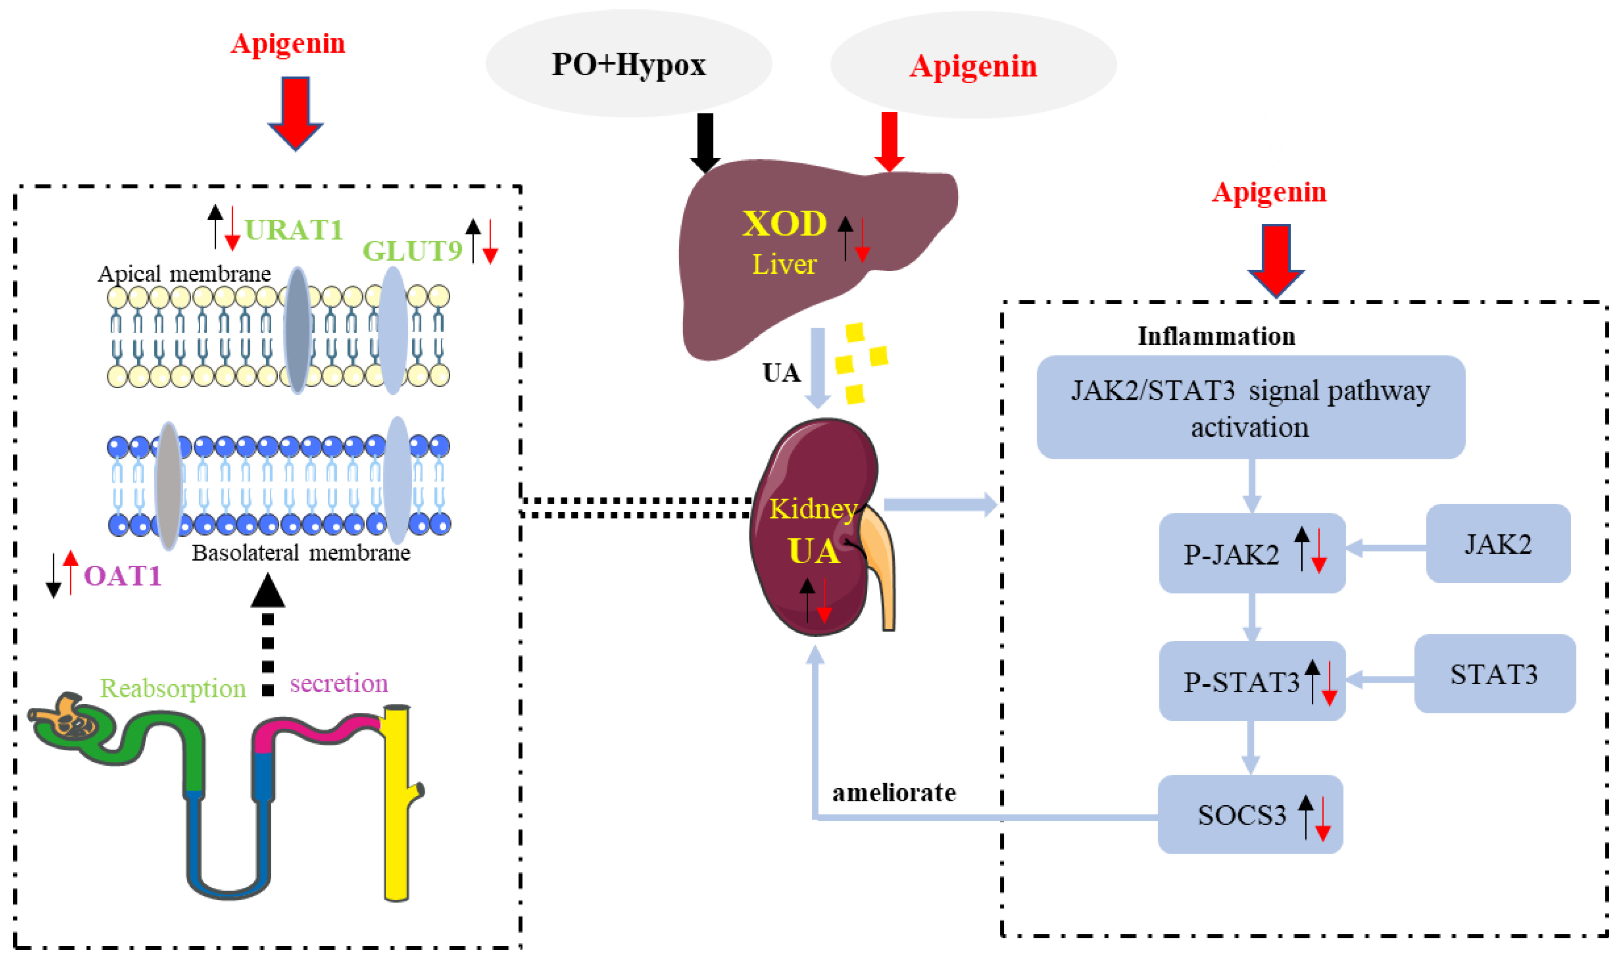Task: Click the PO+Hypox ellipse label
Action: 628,64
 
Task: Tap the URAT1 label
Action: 293,230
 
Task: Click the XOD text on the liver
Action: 784,224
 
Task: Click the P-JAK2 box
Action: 1252,553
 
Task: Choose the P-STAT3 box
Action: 1252,681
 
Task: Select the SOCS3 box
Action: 1250,814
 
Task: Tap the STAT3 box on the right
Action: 1494,674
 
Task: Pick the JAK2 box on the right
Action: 1498,544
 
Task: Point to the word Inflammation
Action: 1216,336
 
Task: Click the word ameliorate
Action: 894,793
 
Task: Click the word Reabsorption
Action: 173,689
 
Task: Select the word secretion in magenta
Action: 339,683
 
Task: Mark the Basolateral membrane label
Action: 301,553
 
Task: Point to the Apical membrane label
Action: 184,274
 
